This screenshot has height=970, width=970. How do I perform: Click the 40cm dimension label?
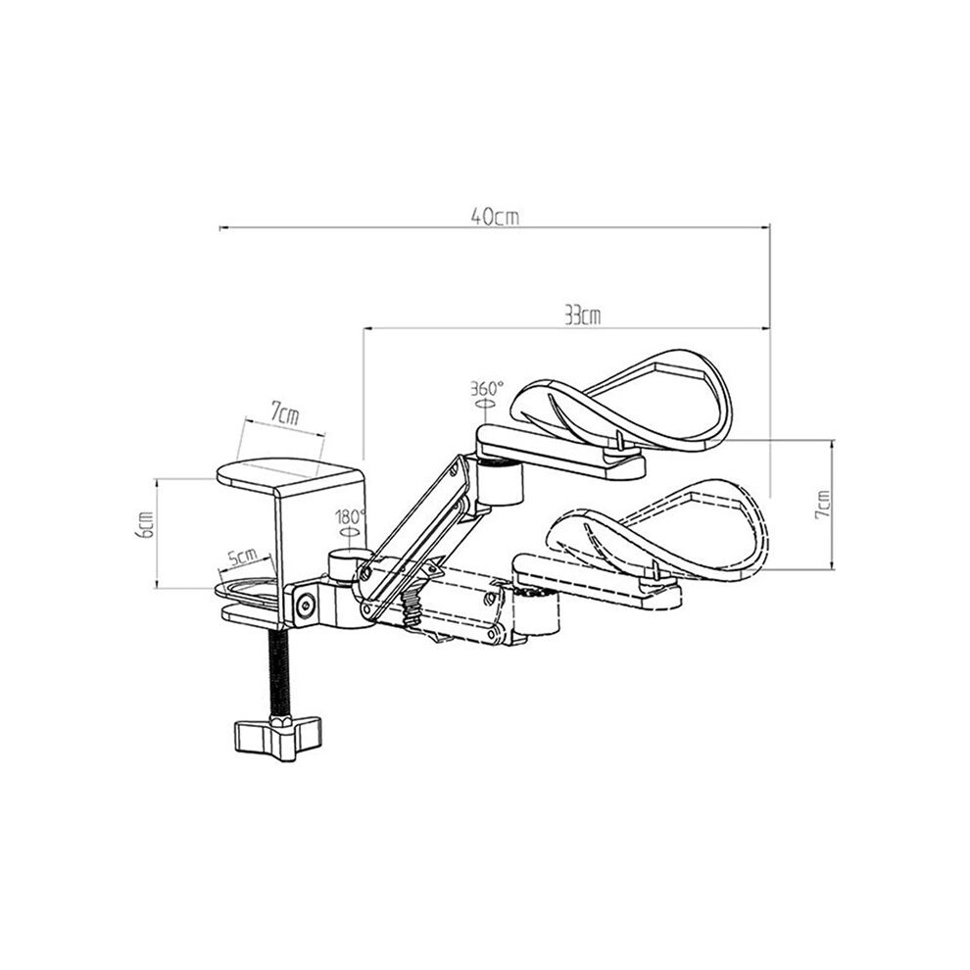click(494, 216)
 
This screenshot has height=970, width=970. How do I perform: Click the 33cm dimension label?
click(582, 315)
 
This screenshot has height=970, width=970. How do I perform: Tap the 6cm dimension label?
click(146, 524)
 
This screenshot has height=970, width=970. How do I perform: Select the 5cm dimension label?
click(243, 557)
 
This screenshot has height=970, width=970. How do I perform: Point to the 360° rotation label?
click(487, 389)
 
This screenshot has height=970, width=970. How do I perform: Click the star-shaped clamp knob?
click(277, 738)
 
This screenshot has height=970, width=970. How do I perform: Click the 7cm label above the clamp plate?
click(284, 413)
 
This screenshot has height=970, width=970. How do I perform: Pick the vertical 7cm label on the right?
click(822, 505)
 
